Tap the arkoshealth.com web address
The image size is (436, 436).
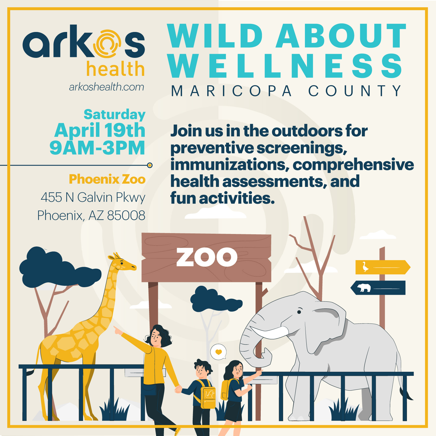(x=106, y=87)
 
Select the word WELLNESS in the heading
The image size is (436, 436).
(x=285, y=66)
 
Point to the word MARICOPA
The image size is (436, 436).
(x=231, y=91)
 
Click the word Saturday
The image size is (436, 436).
(x=115, y=115)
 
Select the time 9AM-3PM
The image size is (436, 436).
(x=97, y=148)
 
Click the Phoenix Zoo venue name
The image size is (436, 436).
(x=107, y=179)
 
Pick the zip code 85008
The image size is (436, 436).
(x=126, y=215)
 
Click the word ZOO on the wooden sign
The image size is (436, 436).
(x=207, y=257)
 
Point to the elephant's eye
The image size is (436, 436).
(x=299, y=312)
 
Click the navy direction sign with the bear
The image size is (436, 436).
(x=378, y=288)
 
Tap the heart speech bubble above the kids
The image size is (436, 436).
(x=218, y=352)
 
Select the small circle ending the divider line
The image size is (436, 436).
(x=150, y=165)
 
